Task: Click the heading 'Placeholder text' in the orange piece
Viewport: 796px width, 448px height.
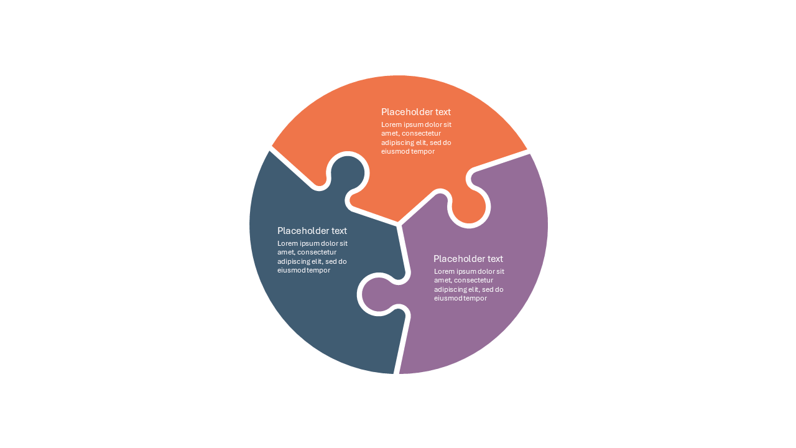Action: tap(416, 112)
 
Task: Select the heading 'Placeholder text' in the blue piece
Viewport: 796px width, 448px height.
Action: tap(312, 231)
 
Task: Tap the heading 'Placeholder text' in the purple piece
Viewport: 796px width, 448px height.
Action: tap(468, 259)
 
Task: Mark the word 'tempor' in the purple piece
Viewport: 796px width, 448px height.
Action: tap(476, 299)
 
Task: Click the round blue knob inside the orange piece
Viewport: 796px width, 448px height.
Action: tap(347, 174)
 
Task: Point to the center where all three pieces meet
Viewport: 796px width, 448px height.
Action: tap(399, 224)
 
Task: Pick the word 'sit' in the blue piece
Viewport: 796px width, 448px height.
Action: tap(343, 243)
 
